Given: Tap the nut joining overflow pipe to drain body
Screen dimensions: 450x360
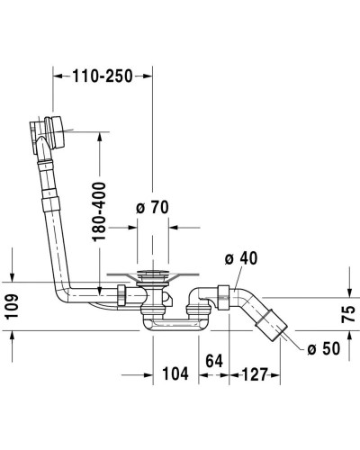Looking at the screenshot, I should [120, 294].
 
